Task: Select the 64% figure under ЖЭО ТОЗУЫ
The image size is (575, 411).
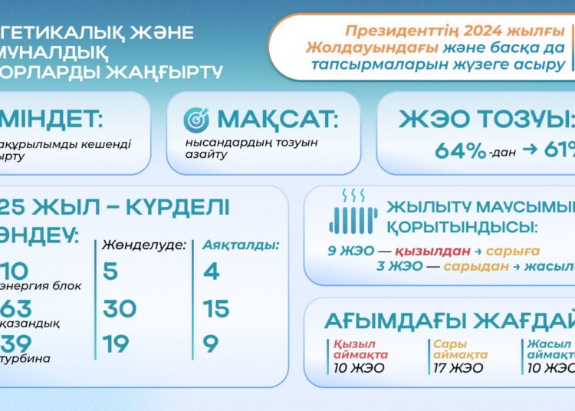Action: tap(460, 150)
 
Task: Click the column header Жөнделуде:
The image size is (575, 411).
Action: tap(144, 245)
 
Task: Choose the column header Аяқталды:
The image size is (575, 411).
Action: tap(241, 245)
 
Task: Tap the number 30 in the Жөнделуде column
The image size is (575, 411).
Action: tap(119, 308)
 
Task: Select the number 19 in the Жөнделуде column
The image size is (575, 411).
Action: tap(116, 344)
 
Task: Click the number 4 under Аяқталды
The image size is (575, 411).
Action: tap(212, 271)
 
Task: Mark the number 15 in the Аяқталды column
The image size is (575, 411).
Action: tap(216, 308)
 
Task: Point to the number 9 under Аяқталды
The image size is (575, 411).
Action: tap(211, 344)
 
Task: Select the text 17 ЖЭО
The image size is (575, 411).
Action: tap(458, 368)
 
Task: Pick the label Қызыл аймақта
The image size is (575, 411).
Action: tap(360, 350)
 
